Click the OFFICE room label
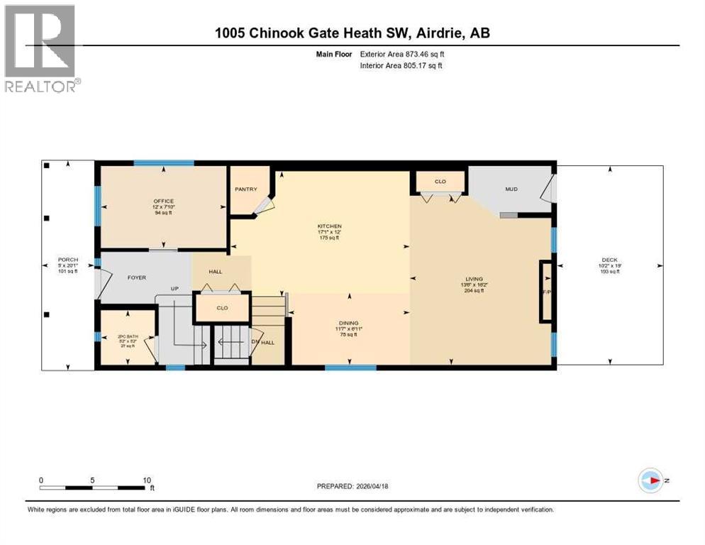[163, 201]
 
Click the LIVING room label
[474, 279]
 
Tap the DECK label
[610, 259]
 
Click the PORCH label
[68, 260]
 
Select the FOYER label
[136, 277]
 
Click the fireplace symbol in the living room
[546, 292]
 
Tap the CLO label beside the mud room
[440, 182]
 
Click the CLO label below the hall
[221, 309]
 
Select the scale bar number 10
[147, 480]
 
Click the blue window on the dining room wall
[350, 368]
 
